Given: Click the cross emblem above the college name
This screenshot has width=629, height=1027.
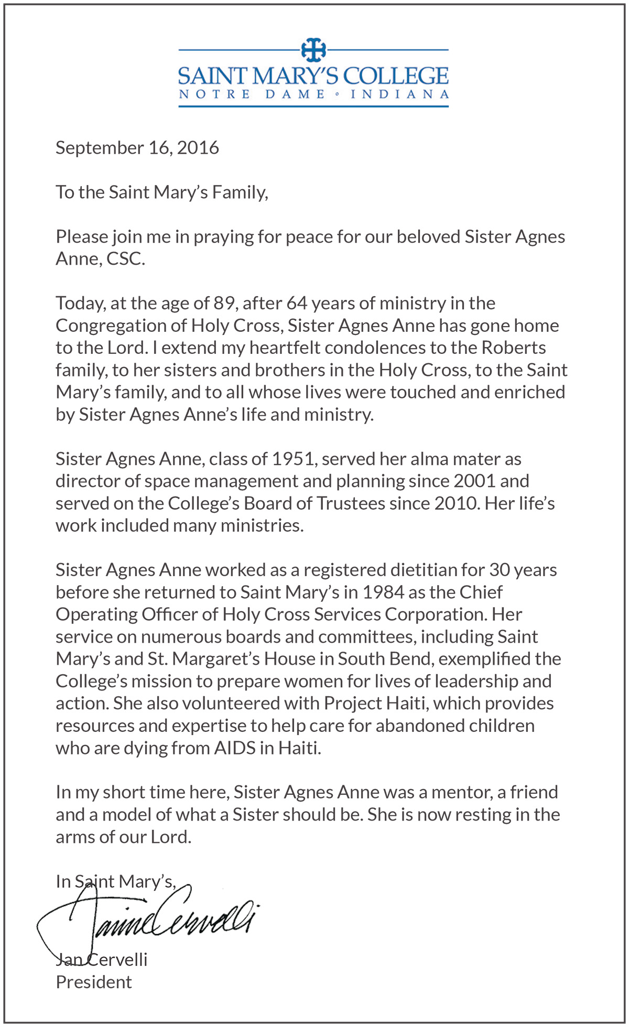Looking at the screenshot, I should [x=313, y=50].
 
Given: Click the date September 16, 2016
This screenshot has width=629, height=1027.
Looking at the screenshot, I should [x=137, y=148].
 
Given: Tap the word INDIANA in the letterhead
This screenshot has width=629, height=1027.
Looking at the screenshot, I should [x=400, y=95].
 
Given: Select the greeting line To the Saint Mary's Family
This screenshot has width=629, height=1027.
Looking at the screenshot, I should [x=162, y=192].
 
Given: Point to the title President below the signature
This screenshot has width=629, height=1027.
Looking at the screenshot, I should [x=94, y=982].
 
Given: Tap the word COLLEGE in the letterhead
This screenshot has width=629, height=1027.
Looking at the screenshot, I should [x=396, y=77].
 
